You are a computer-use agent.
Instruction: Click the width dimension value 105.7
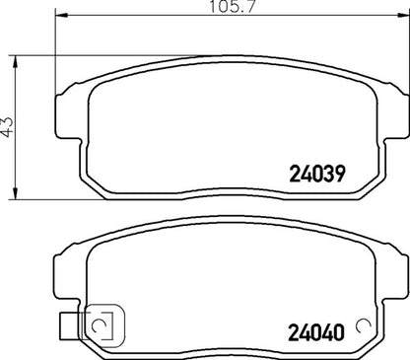(x=218, y=9)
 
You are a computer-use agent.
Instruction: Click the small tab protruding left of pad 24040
(x=68, y=323)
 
